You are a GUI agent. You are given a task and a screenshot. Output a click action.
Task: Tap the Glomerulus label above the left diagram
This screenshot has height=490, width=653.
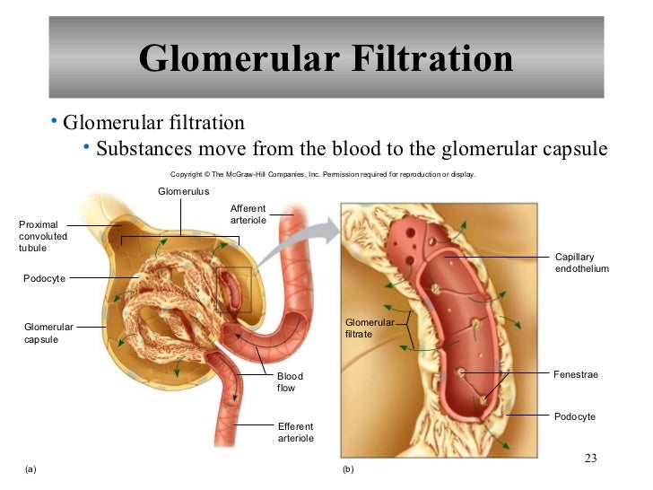183,191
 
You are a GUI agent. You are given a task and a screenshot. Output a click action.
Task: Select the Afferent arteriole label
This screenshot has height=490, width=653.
248,214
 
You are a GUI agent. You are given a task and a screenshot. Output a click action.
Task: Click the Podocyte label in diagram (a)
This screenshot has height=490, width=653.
44,279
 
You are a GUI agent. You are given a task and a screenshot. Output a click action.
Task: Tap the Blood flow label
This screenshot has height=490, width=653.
290,382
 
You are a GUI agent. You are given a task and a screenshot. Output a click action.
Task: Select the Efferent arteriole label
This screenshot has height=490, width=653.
295,432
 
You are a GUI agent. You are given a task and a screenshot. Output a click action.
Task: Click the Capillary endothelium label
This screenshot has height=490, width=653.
582,263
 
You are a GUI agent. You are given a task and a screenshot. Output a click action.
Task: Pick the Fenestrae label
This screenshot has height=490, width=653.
576,374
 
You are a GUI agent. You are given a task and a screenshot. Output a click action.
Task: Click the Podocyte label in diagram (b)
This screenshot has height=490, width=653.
575,417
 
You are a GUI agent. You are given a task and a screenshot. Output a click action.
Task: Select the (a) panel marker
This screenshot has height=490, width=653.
32,469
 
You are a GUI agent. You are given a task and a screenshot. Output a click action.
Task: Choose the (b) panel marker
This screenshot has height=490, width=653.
349,469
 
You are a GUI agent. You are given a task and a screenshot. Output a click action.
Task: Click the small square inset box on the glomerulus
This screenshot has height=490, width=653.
233,288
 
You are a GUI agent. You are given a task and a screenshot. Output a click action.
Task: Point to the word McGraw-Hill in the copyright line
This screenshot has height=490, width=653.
261,174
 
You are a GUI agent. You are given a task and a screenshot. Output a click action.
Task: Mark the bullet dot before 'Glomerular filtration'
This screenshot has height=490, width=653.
55,120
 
